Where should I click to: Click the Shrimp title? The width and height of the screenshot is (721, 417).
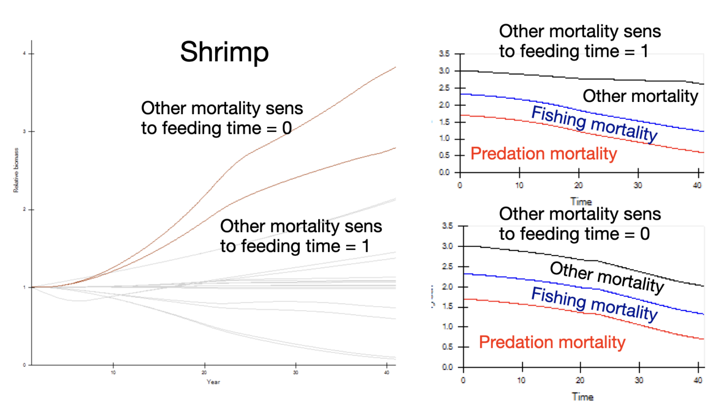[224, 52]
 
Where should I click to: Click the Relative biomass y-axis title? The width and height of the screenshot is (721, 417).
[15, 170]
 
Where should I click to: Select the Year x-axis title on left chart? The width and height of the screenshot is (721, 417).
[213, 382]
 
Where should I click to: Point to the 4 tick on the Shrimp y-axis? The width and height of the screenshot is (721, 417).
[24, 54]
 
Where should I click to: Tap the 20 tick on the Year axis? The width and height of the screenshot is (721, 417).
[204, 372]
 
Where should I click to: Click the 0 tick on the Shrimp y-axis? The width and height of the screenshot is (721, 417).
[24, 365]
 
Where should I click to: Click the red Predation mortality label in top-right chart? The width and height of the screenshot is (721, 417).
[543, 154]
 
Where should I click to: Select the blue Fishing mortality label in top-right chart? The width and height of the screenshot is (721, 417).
[594, 124]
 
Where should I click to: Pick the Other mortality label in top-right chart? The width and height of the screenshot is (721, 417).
[640, 96]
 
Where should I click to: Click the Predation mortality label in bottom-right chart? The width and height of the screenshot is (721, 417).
[552, 342]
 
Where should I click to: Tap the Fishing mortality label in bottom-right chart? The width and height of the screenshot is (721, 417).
[594, 304]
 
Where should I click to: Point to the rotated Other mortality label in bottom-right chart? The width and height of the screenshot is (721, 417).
[606, 277]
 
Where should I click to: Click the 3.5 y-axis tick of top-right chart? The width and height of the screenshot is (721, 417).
[444, 54]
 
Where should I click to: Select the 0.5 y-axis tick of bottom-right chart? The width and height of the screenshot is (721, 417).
[447, 347]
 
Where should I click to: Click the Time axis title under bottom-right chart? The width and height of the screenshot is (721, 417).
[583, 397]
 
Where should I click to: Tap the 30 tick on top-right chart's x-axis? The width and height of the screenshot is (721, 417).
[637, 185]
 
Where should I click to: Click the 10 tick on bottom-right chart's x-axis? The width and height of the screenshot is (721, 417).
[522, 380]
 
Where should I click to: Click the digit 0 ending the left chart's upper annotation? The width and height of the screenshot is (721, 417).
[287, 128]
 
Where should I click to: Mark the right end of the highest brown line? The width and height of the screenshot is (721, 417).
[395, 68]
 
